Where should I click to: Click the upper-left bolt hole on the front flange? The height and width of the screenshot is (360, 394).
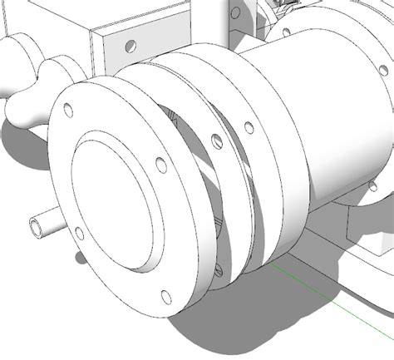(68, 109)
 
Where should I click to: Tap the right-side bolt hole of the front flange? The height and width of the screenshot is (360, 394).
(161, 165)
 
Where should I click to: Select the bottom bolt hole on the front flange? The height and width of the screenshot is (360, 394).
(165, 294)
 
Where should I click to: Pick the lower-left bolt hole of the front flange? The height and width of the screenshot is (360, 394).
(79, 233)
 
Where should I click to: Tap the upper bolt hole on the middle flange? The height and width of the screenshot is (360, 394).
(215, 139)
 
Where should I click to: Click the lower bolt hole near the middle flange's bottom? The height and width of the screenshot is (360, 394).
(219, 269)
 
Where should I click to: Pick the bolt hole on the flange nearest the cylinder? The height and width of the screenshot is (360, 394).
(248, 127)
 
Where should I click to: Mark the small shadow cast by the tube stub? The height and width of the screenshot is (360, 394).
(81, 257)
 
